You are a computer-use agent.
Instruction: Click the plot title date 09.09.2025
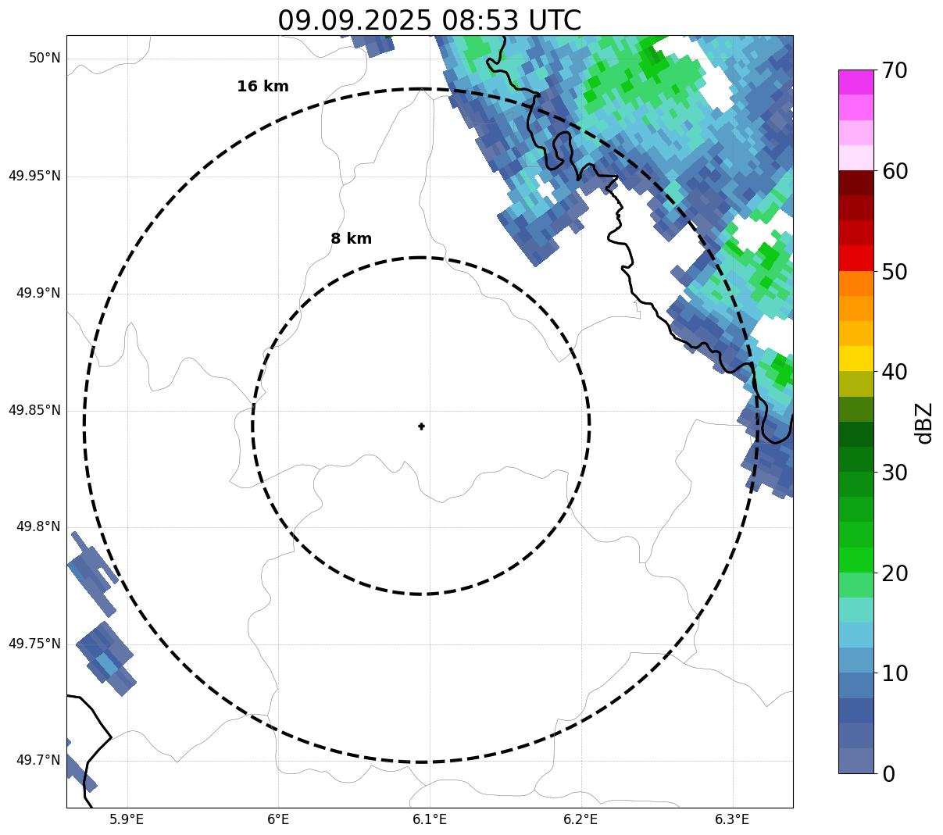(x=354, y=20)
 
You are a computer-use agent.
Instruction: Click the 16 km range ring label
(x=263, y=87)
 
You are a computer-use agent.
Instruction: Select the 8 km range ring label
(x=351, y=239)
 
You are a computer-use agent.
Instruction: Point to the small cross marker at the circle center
(x=422, y=426)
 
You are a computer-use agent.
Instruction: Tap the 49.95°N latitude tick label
(x=34, y=176)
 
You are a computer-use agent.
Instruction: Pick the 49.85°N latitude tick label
(x=34, y=410)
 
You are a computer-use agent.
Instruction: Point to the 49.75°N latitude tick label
(x=34, y=644)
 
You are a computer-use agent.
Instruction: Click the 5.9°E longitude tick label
(x=127, y=819)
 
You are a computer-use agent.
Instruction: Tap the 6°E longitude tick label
(x=278, y=819)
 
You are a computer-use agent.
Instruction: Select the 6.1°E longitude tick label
(x=430, y=819)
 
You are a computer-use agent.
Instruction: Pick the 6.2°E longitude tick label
(x=580, y=819)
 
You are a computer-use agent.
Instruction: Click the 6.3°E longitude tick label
(x=732, y=819)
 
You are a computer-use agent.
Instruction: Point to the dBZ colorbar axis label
(x=924, y=423)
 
